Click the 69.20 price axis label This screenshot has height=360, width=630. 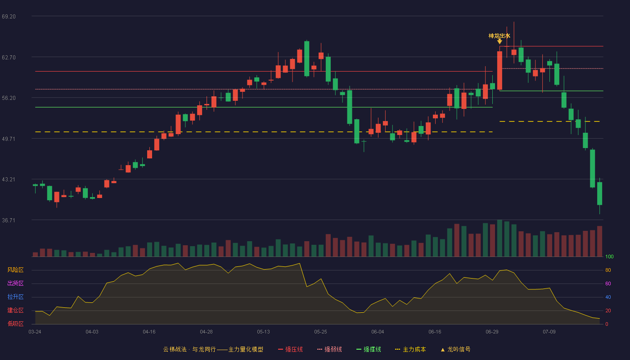point(9,17)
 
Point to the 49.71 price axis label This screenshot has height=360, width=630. point(9,139)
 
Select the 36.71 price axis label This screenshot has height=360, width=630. point(9,220)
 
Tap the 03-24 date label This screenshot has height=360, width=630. point(35,332)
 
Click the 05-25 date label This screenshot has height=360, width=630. point(320,332)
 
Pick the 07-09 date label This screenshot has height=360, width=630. point(549,332)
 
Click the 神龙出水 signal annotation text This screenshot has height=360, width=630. point(499,36)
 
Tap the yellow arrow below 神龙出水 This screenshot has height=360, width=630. point(499,41)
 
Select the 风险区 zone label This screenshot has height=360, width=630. point(15,270)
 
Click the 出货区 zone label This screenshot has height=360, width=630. point(15,283)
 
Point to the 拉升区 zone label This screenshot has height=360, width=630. point(15,297)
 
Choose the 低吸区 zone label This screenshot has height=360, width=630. point(15,324)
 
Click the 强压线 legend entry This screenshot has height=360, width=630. point(290,349)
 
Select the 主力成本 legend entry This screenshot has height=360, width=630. point(410,349)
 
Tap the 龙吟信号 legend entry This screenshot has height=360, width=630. point(455,349)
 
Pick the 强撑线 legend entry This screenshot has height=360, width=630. point(369,349)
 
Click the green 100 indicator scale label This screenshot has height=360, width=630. point(609,256)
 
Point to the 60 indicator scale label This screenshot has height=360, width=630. point(608,283)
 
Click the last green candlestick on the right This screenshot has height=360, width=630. point(599,193)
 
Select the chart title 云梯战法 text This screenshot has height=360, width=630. point(175,349)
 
